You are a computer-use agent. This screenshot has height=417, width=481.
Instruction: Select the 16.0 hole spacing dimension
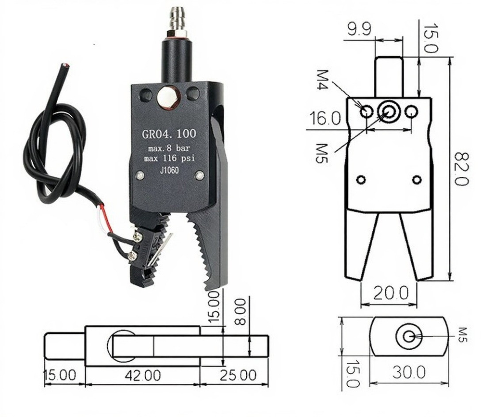[x=325, y=119]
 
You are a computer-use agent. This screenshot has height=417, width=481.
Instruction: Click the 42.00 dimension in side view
[x=143, y=375]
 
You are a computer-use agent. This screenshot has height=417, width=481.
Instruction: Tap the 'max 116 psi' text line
[x=168, y=158]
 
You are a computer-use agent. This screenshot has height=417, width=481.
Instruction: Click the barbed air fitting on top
[x=177, y=19]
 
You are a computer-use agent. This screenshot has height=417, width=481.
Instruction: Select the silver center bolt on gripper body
[x=168, y=97]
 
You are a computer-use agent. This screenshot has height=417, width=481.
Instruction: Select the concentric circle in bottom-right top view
[x=409, y=336]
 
